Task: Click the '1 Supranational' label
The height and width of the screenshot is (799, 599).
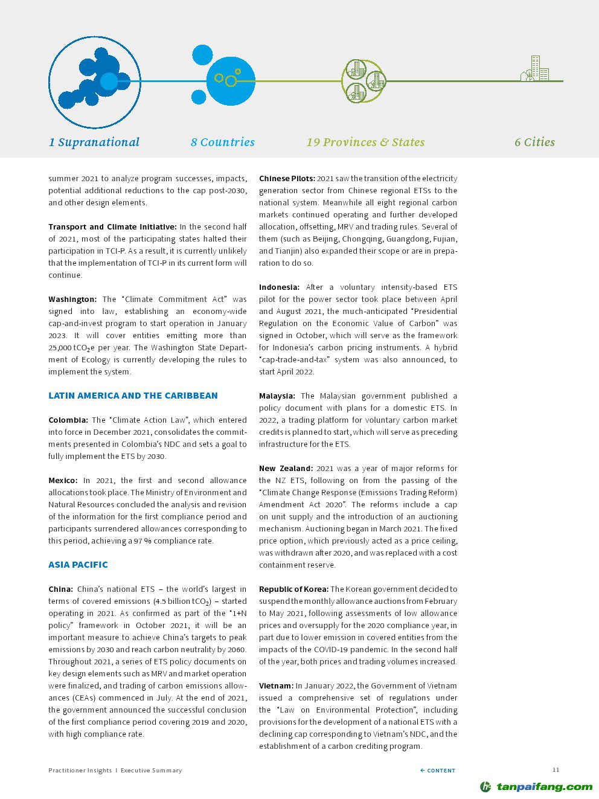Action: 94,143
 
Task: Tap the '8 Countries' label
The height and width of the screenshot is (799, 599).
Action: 222,143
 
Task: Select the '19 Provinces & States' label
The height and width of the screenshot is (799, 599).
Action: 365,143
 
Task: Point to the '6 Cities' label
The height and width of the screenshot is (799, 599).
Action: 534,143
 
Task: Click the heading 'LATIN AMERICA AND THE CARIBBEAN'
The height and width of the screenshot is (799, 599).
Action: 133,396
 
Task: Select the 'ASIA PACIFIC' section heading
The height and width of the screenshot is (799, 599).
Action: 78,565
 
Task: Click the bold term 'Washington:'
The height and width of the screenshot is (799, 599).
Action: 72,300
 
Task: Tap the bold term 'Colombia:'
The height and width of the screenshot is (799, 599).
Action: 68,420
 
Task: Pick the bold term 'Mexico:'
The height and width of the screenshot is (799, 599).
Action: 63,481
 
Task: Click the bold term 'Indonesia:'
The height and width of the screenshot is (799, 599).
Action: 279,287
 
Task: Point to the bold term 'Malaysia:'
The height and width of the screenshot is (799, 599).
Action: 277,396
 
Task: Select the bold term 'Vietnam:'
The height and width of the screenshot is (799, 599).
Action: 276,686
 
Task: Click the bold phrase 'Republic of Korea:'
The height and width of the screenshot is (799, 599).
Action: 293,589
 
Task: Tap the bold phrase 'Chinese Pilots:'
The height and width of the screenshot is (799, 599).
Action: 287,179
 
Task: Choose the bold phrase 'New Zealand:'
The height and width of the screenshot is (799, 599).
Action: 286,469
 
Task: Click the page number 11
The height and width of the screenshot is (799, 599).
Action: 556,769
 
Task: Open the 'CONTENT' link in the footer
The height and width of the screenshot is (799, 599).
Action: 438,771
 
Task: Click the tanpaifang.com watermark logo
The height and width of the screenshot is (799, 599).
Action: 536,786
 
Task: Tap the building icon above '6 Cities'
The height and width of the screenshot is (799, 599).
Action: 535,69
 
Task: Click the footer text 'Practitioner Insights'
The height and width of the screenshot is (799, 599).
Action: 80,771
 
